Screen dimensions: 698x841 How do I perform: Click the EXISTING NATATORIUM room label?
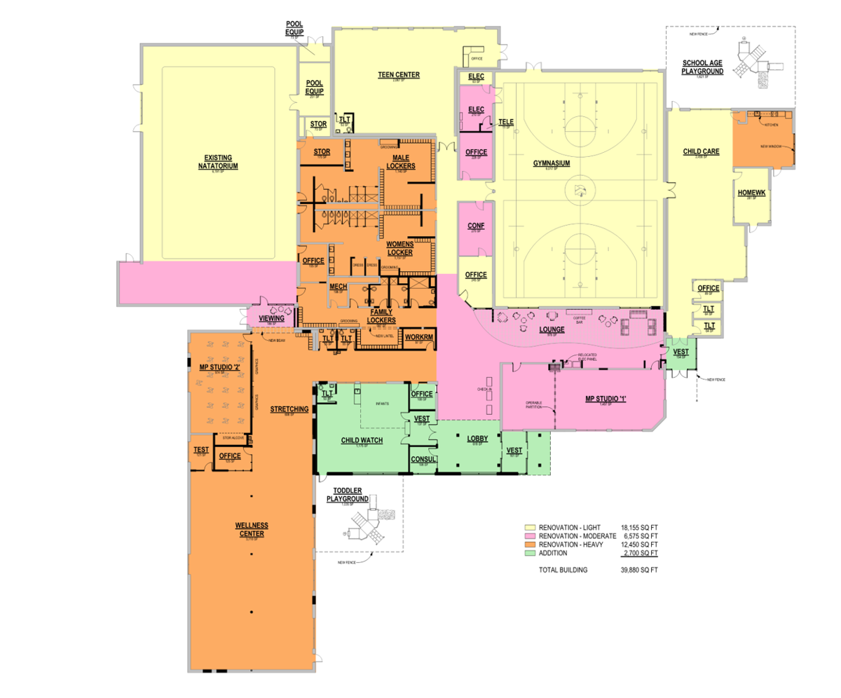click(218, 162)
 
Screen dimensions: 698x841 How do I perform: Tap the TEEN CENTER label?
click(399, 75)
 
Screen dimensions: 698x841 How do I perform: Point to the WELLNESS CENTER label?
click(252, 529)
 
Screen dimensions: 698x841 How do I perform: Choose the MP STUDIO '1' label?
click(605, 399)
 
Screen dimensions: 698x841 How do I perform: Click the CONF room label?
click(476, 226)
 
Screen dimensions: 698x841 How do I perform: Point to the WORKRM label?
click(418, 337)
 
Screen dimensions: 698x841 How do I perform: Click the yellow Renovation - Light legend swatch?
click(531, 526)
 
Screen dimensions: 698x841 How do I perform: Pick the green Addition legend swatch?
click(531, 553)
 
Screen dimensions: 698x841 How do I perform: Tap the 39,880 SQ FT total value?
click(640, 570)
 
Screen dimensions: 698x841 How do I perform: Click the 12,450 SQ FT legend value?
click(640, 544)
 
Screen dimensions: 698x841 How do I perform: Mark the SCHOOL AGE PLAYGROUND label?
click(702, 67)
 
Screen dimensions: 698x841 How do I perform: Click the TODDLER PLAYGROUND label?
click(347, 495)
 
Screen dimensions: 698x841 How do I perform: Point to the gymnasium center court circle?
click(579, 189)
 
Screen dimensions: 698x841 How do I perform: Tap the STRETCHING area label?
click(289, 409)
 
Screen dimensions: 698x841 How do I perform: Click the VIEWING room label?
click(271, 318)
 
